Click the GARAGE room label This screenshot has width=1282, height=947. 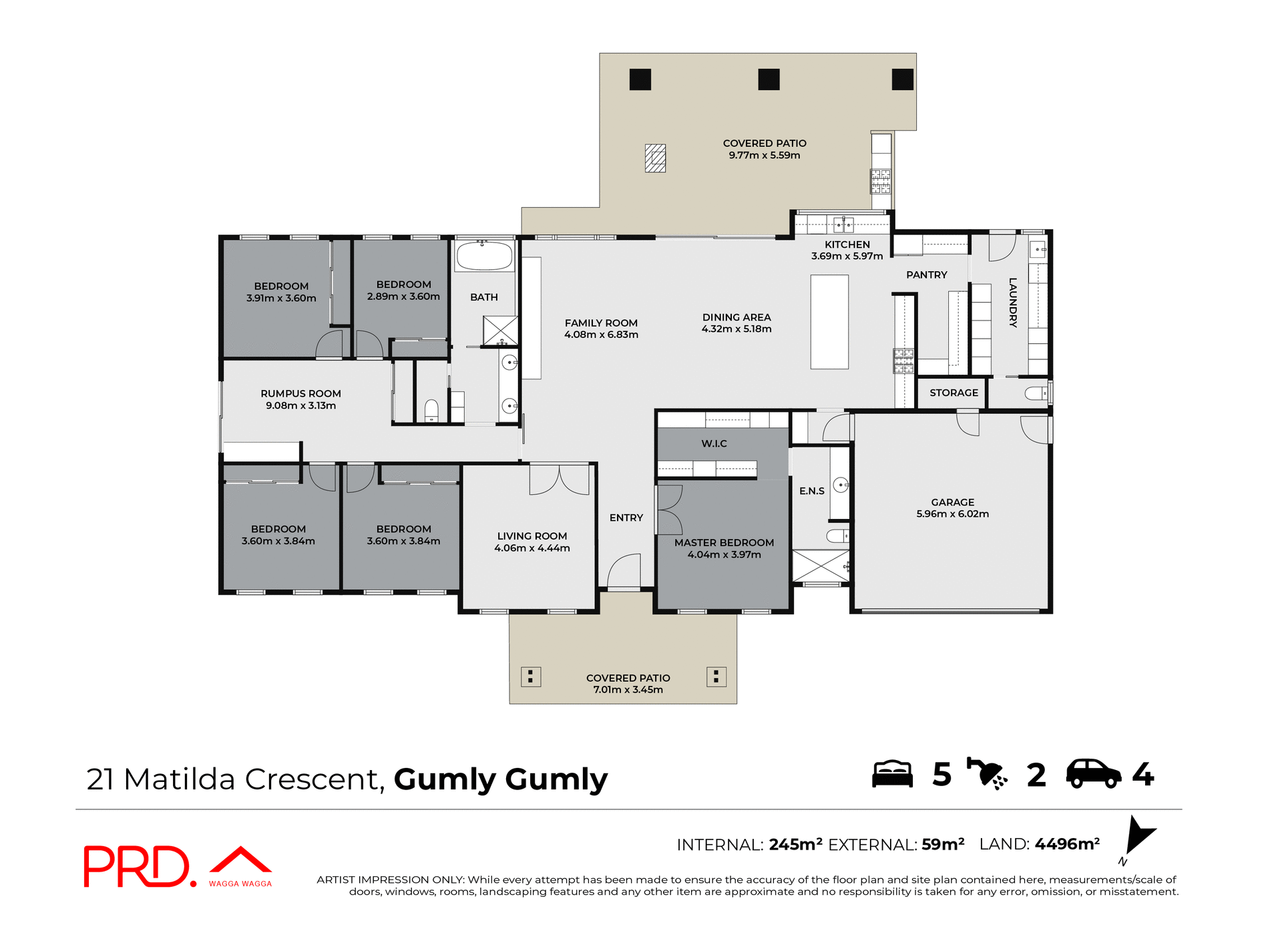952,502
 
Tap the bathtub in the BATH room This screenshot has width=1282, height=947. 484,255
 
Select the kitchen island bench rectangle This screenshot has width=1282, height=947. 829,322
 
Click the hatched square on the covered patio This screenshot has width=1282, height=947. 655,158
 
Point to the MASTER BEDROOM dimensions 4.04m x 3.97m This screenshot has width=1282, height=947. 724,554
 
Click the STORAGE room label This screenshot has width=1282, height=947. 953,393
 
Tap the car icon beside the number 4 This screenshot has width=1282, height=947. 1093,774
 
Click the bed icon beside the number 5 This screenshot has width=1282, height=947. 892,774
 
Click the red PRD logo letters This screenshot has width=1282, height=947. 137,866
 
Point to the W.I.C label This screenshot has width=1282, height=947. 714,443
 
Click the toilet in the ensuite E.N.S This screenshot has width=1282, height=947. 837,536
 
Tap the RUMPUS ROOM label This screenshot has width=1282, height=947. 300,393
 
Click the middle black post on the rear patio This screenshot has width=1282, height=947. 769,79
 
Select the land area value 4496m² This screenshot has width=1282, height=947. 1067,844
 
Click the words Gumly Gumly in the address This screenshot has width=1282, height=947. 500,779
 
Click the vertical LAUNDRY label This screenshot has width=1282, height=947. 1013,303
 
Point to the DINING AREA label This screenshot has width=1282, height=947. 736,317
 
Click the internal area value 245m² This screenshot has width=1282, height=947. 795,844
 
